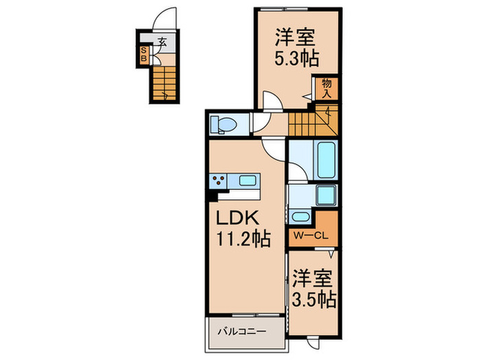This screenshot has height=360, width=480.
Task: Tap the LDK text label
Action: tap(238, 219)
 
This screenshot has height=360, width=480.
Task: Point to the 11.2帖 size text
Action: tap(243, 240)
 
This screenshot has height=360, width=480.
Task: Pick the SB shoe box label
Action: tap(143, 54)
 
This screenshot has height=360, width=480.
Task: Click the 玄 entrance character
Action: tap(162, 41)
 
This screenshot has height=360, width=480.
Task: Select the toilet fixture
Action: tap(224, 124)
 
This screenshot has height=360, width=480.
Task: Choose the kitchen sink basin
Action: tap(247, 182)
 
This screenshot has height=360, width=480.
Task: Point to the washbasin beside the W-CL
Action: tap(300, 217)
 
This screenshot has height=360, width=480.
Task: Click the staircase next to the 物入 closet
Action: tap(310, 123)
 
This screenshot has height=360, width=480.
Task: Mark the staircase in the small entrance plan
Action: tap(163, 82)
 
